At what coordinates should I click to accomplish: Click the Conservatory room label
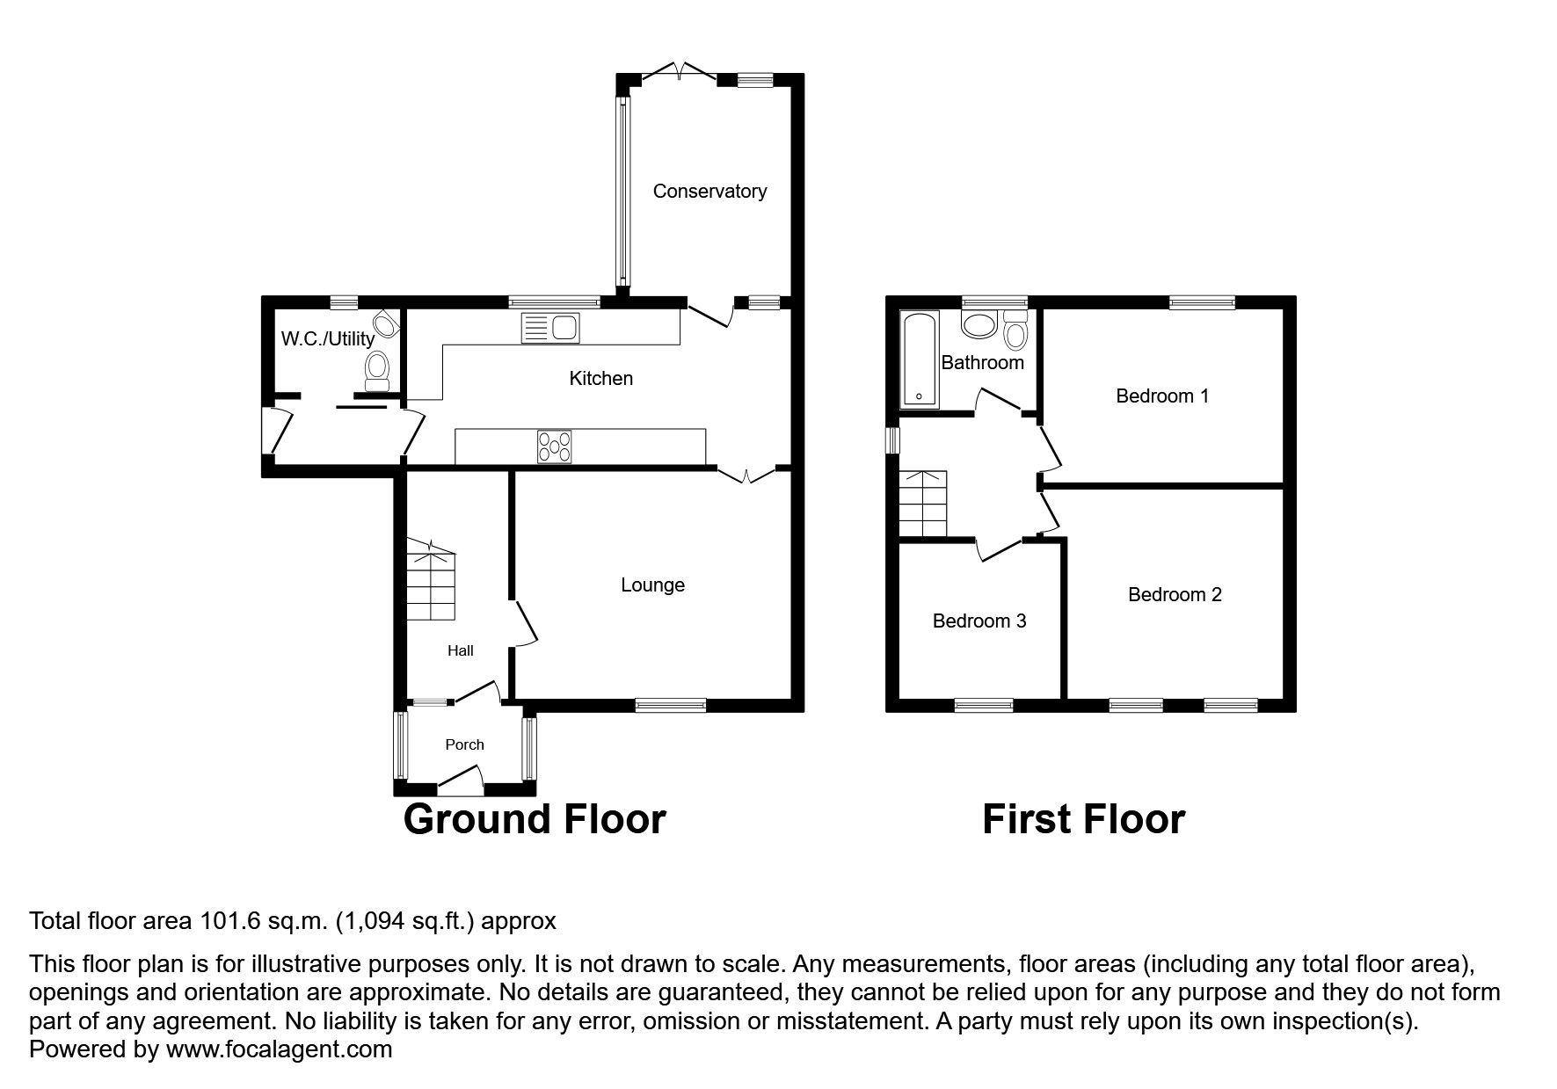709,191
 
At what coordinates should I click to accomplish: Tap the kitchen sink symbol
550,327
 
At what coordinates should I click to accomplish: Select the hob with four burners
554,446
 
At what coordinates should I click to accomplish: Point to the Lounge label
652,584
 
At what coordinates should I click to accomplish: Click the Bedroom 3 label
979,621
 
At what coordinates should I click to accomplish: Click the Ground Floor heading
534,818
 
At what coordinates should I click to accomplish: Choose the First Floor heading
1083,818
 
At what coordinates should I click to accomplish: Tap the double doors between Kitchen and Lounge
746,475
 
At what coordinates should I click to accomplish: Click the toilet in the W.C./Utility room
378,370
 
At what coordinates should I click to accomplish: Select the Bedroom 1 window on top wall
1202,302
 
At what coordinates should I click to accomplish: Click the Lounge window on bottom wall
671,704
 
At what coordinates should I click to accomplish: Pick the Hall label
460,650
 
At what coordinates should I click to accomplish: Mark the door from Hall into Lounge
525,624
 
